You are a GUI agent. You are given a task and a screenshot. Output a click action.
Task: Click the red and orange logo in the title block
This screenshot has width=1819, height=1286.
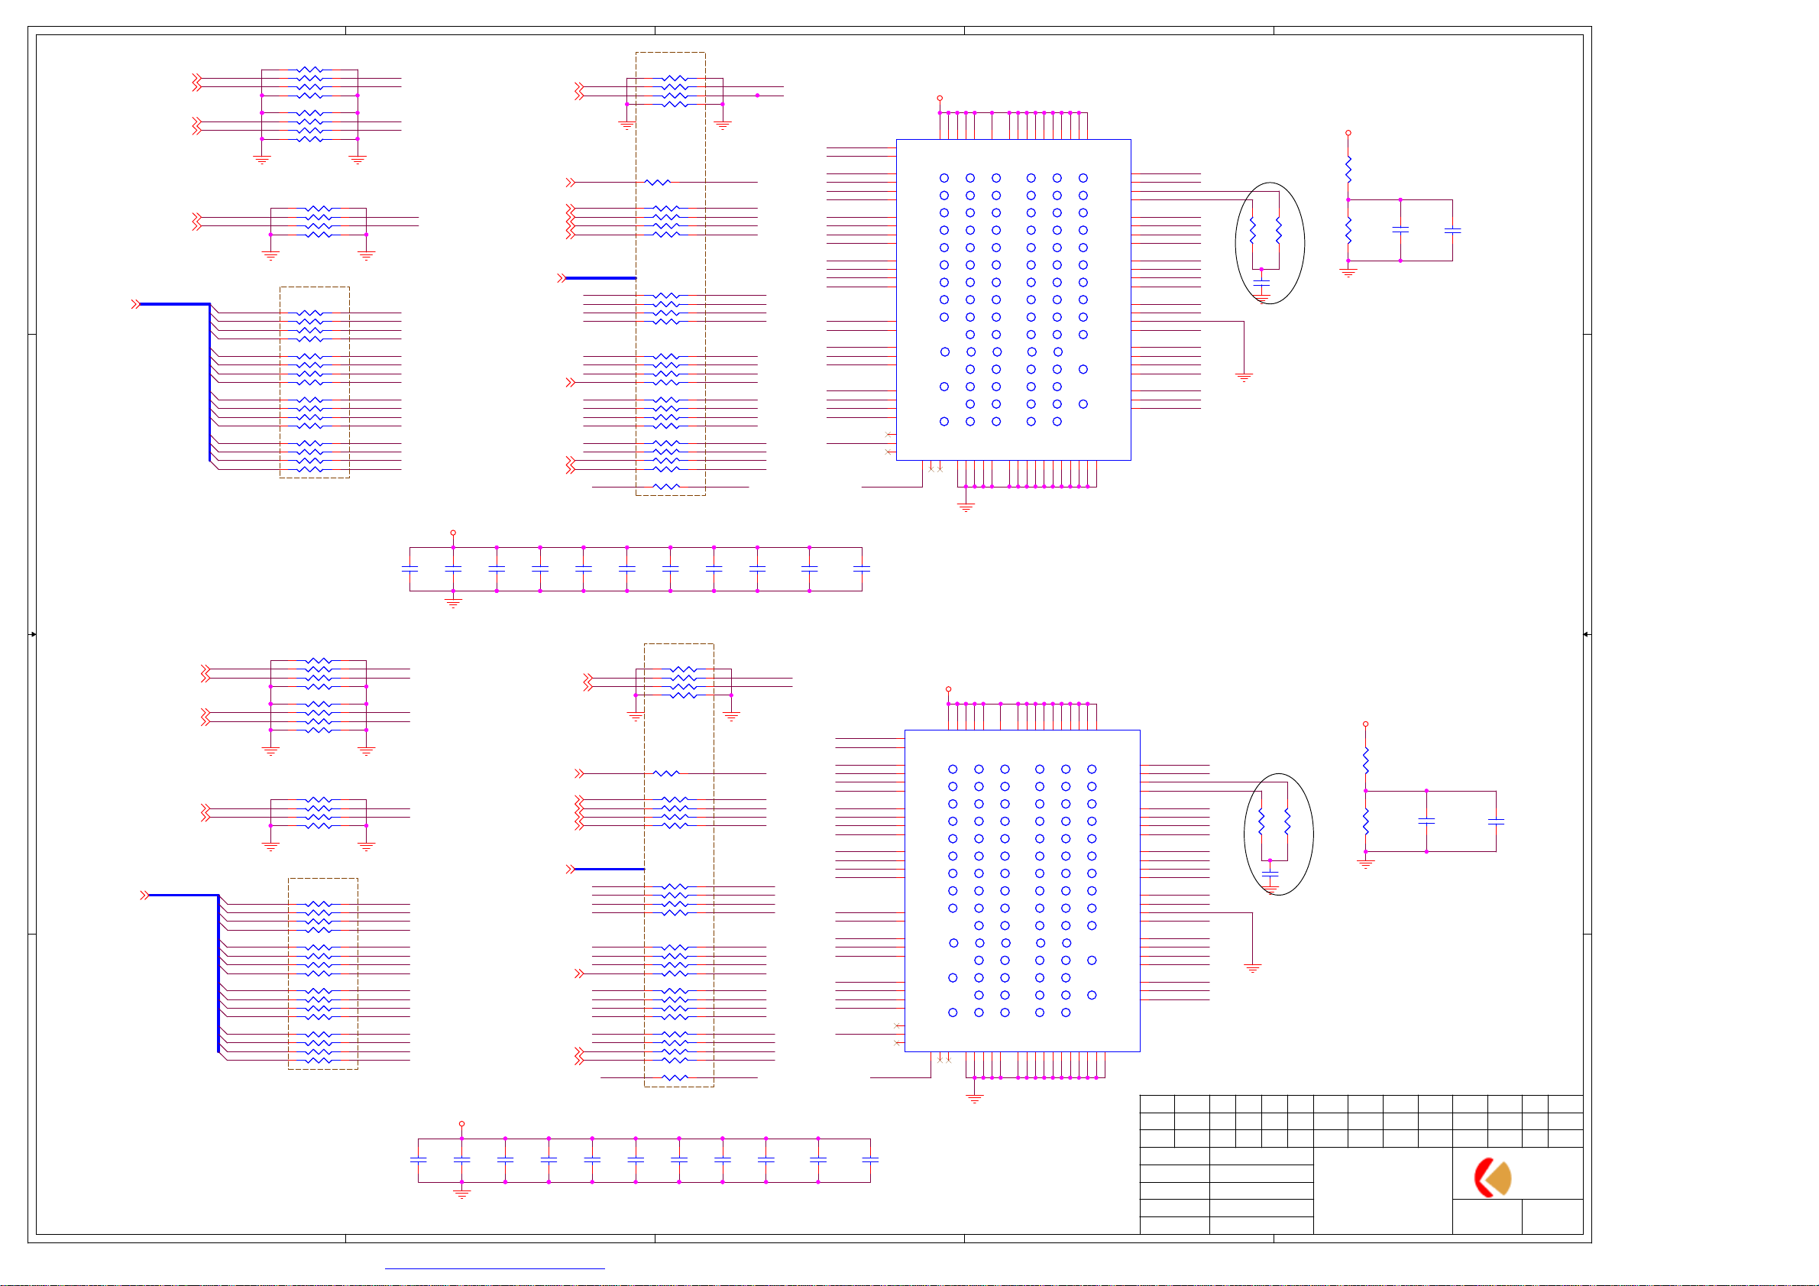[x=1493, y=1177]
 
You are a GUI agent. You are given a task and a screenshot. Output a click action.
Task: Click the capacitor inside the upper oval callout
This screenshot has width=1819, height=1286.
[x=1261, y=282]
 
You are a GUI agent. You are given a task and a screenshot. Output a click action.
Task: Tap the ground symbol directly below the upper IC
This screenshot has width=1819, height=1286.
[x=966, y=507]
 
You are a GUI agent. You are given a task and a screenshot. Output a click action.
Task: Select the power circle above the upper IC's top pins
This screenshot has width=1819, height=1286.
[x=940, y=99]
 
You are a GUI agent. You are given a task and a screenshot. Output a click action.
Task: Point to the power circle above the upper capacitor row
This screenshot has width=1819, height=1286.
[x=453, y=533]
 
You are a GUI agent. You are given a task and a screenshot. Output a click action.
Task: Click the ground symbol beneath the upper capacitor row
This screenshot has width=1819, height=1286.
[x=453, y=603]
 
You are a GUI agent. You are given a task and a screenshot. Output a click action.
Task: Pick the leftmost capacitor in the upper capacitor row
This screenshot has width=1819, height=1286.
[x=409, y=569]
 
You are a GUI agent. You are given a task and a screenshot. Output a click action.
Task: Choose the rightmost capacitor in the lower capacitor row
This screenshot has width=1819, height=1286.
[x=870, y=1160]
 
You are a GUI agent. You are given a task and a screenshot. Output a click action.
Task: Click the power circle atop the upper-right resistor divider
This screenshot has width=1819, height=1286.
[x=1348, y=133]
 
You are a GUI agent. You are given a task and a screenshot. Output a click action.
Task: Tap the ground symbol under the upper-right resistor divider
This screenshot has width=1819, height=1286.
[x=1348, y=272]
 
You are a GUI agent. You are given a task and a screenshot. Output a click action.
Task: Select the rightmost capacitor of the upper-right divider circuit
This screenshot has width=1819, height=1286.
[x=1452, y=231]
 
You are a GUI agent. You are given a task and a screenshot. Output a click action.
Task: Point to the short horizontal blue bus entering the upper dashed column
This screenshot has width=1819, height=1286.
[x=600, y=278]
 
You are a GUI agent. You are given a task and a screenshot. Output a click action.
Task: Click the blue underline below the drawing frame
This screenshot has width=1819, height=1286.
[x=494, y=1268]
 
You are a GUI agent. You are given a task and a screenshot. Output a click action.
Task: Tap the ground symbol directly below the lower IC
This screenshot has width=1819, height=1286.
[x=975, y=1098]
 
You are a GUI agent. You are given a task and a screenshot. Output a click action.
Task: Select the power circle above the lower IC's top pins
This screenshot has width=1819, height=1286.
[x=948, y=689]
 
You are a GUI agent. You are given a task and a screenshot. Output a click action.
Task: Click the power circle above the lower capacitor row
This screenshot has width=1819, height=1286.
[x=462, y=1124]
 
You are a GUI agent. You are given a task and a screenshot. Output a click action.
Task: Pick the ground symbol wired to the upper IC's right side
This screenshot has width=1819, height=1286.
[x=1244, y=377]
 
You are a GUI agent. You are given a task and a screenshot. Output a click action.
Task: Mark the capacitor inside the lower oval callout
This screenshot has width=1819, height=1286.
[x=1270, y=873]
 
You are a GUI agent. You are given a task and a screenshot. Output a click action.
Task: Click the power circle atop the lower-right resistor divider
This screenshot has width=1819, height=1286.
[x=1365, y=724]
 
